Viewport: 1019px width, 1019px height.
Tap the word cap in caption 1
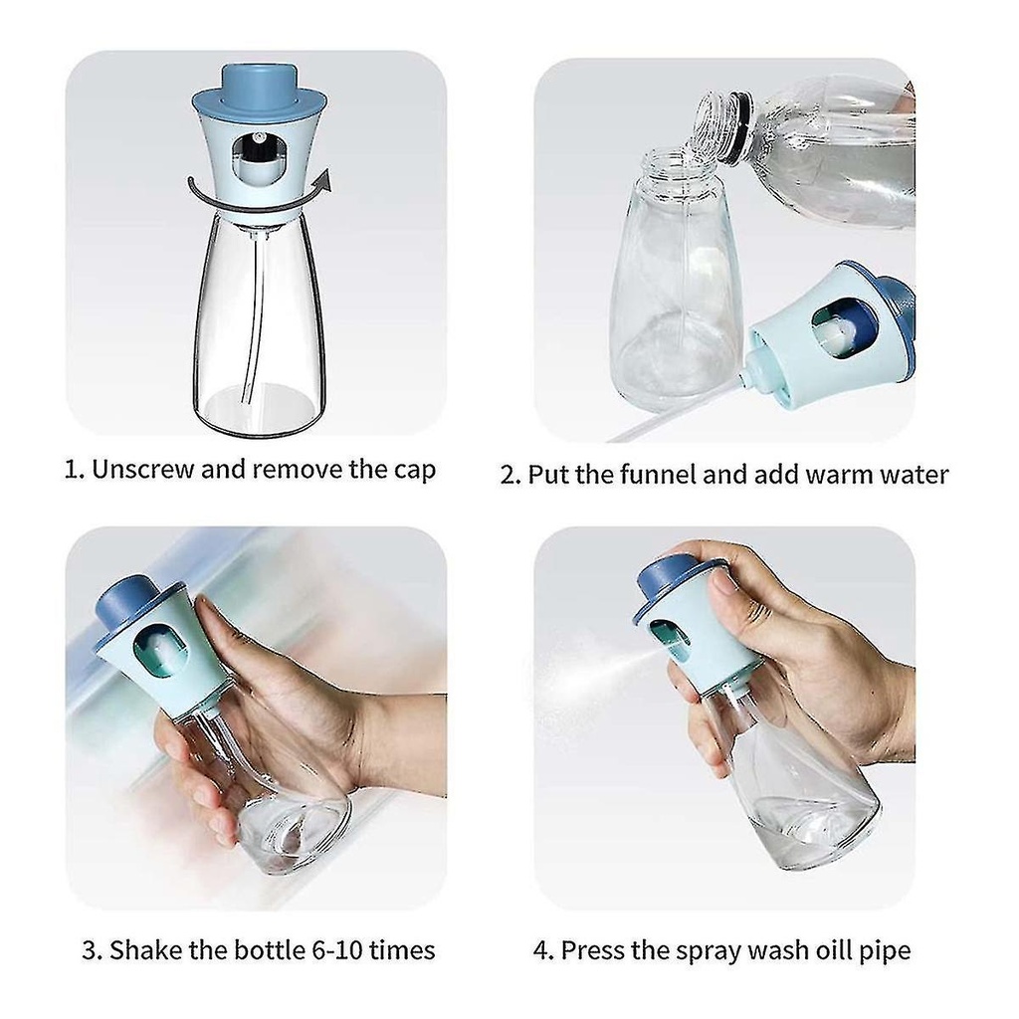coord(415,471)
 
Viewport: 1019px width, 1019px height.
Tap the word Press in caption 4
coord(592,950)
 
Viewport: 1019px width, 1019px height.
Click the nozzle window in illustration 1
coord(259,158)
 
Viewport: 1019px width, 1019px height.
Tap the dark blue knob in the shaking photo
coord(130,599)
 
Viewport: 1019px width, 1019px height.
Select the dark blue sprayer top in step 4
coord(673,581)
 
